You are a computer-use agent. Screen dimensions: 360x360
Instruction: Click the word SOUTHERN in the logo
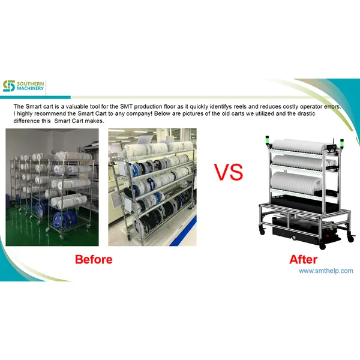(x=31, y=83)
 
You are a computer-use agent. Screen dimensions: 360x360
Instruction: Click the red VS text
(x=229, y=173)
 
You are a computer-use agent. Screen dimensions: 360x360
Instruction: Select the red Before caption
(x=93, y=260)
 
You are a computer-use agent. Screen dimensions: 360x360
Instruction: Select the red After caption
(x=303, y=260)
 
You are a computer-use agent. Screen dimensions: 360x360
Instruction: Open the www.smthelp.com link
(x=326, y=271)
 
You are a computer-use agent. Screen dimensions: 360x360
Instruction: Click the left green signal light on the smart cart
(x=271, y=142)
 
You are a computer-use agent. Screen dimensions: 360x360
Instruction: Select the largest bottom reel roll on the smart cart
(x=298, y=180)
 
